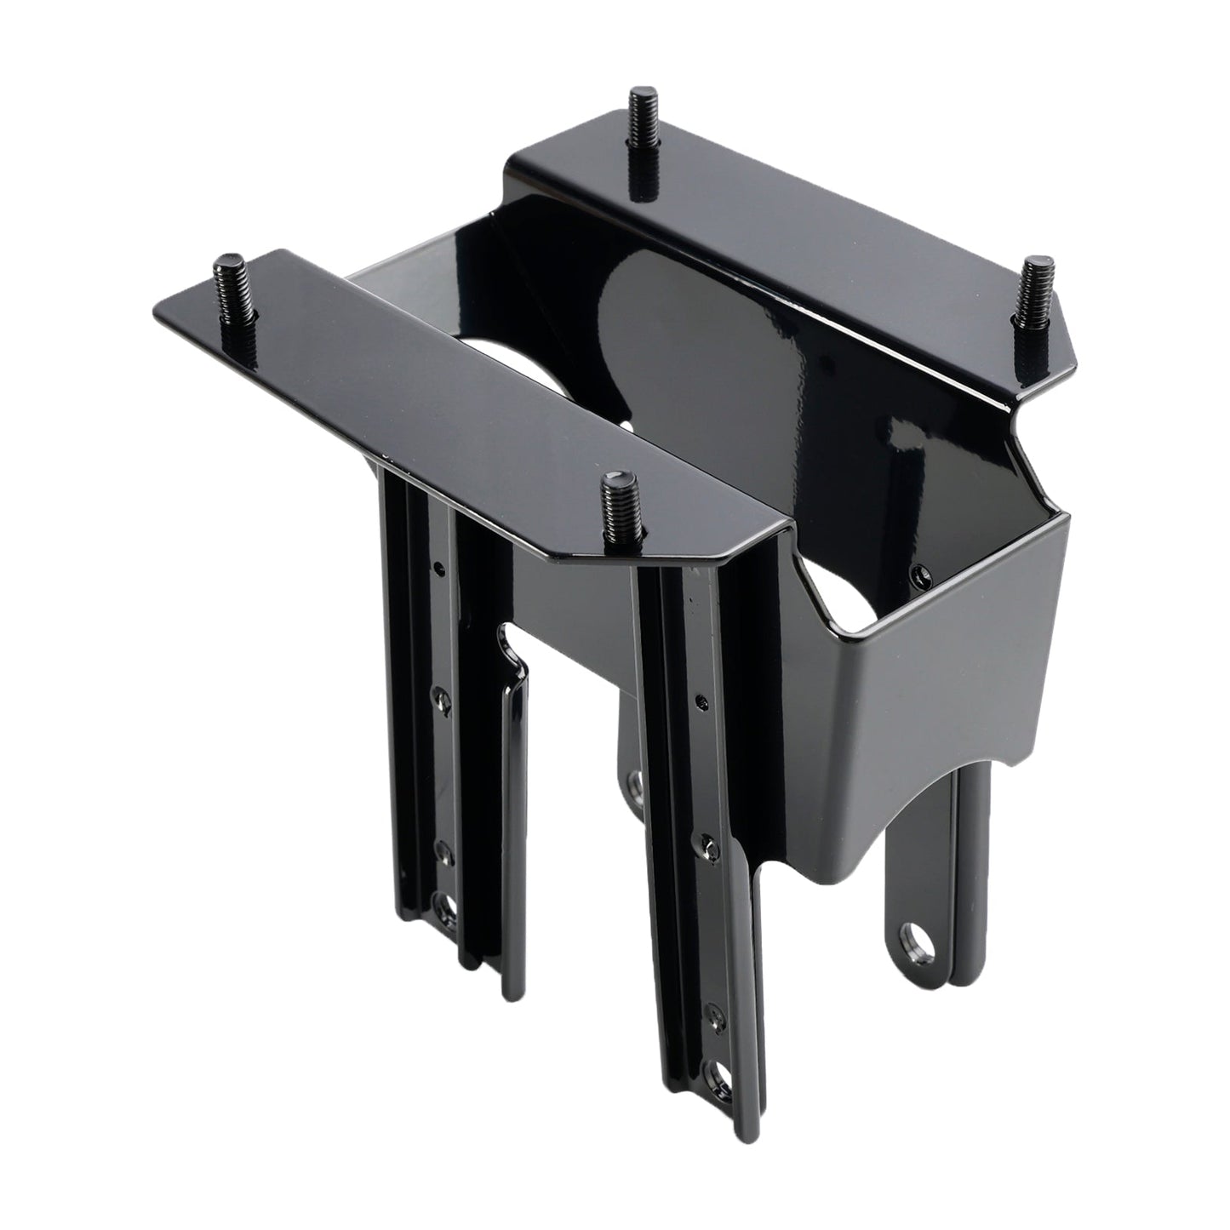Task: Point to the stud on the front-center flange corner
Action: point(618,511)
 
